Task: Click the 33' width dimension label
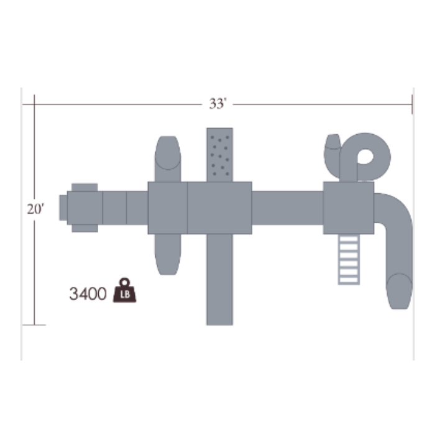tap(217, 104)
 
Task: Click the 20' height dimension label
tap(35, 209)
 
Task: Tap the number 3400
tap(88, 294)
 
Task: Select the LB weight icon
tap(125, 291)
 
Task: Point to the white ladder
tap(349, 259)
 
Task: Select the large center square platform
tap(219, 208)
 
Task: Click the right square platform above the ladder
tap(349, 208)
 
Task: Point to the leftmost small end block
tap(63, 208)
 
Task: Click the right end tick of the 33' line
tap(412, 104)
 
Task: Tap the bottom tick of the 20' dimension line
tap(35, 324)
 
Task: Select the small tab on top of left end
tap(85, 187)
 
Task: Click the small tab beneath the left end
tap(85, 228)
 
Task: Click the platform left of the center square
tap(167, 208)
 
